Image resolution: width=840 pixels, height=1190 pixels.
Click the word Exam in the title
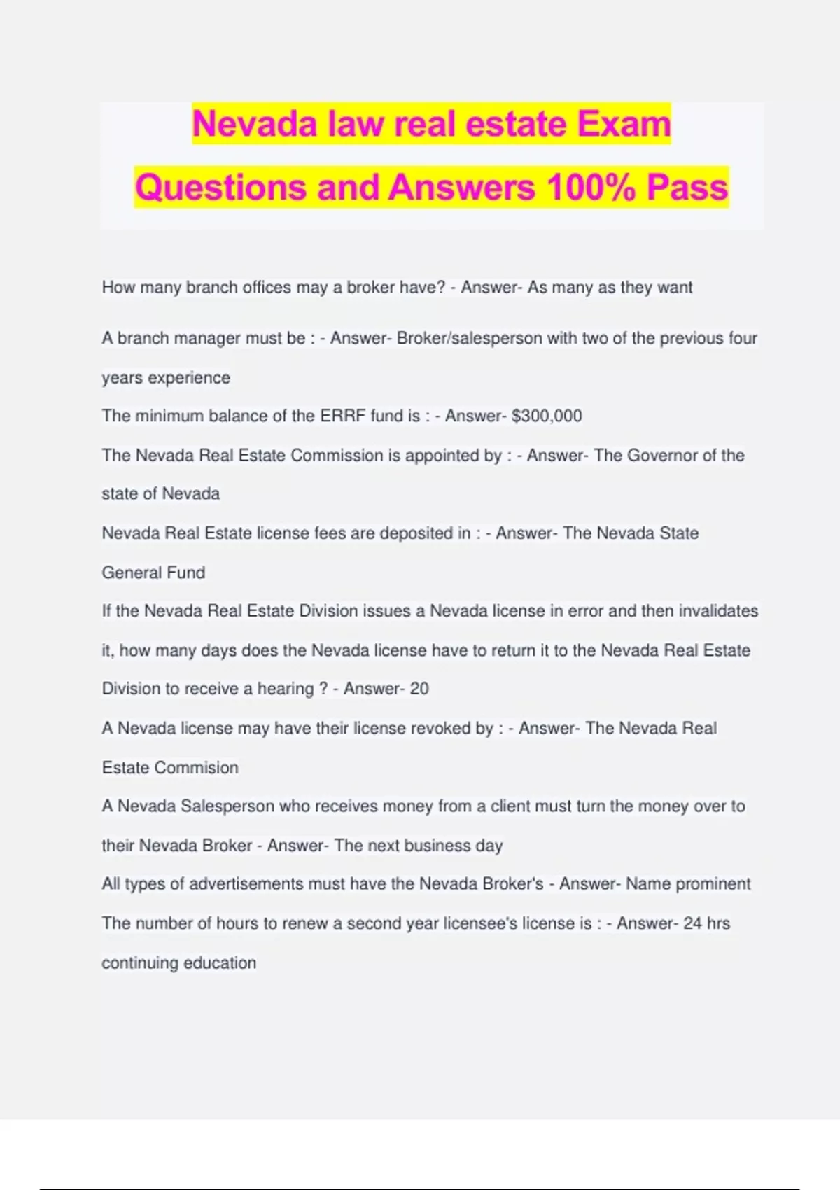624,124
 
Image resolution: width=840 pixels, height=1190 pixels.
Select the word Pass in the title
687,188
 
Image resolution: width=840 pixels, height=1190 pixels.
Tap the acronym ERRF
343,416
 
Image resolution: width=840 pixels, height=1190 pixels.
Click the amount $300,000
547,416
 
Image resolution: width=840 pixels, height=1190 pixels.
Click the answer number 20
419,689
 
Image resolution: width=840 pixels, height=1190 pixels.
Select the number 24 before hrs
692,923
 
